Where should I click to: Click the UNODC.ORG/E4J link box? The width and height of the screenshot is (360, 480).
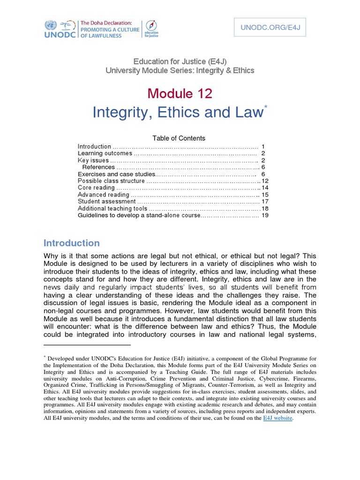click(270, 29)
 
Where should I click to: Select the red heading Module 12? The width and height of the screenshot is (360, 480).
click(180, 94)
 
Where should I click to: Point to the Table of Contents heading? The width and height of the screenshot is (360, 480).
click(179, 138)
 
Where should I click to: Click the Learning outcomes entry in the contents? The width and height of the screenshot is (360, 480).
click(105, 153)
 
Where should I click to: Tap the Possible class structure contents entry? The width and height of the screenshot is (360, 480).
click(112, 181)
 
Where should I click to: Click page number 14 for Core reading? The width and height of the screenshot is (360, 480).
click(265, 187)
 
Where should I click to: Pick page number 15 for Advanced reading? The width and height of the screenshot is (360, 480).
click(265, 195)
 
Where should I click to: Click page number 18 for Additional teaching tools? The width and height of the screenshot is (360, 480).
click(265, 208)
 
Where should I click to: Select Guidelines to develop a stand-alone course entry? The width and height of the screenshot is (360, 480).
click(139, 215)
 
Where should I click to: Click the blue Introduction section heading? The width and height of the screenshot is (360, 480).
click(72, 243)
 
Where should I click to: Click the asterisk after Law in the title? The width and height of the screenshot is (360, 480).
click(266, 108)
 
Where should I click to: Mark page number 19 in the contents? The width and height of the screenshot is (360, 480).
click(265, 215)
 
